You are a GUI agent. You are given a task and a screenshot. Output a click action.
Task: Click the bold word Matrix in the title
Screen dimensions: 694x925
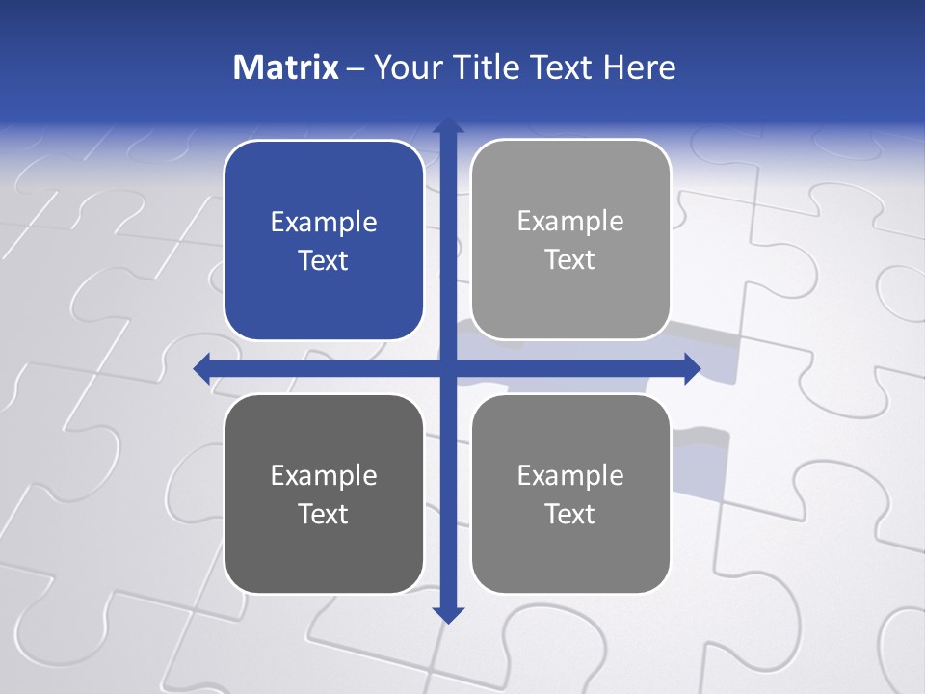point(285,67)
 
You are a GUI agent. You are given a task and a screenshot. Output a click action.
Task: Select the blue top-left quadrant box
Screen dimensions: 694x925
point(324,241)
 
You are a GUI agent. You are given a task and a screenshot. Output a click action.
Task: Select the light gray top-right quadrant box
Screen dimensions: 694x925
point(570,240)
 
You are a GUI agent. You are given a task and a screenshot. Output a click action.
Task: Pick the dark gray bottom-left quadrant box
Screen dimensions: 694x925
point(324,494)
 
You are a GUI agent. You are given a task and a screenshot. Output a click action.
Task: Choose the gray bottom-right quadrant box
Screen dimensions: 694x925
point(570,494)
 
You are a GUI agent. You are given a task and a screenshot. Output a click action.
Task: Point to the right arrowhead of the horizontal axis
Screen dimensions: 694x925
point(692,368)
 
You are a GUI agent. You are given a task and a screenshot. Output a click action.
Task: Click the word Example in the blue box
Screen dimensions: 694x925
point(324,223)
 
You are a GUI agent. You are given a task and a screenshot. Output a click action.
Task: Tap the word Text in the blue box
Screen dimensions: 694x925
point(324,261)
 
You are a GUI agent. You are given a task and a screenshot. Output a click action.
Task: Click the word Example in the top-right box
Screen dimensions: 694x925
point(570,222)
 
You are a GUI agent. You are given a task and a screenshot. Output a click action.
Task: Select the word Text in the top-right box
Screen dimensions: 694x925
point(570,260)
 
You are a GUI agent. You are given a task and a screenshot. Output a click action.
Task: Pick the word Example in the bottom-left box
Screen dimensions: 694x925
point(324,475)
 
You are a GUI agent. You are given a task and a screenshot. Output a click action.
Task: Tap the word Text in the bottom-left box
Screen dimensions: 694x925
point(324,514)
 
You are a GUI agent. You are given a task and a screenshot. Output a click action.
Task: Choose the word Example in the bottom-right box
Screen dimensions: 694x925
point(570,475)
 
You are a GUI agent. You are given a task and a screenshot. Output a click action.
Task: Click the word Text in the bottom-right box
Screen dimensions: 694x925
point(570,514)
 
